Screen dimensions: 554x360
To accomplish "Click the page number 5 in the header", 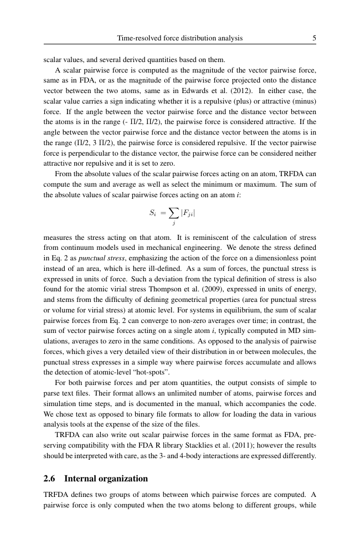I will [x=314, y=38].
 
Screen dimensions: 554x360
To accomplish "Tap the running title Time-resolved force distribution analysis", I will [x=180, y=38].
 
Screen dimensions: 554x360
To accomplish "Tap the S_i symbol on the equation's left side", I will [x=153, y=212].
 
